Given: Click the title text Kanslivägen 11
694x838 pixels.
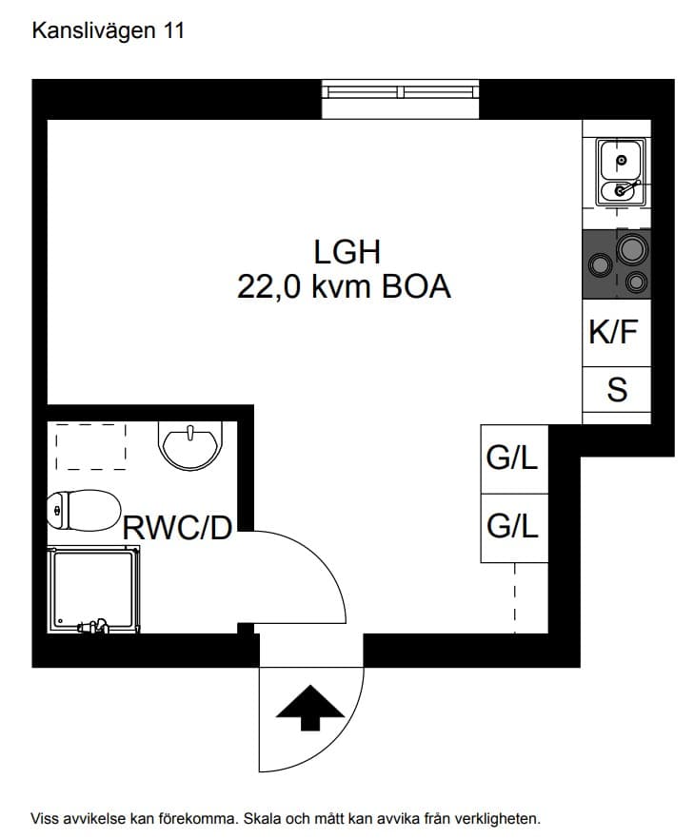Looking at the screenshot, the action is (x=109, y=31).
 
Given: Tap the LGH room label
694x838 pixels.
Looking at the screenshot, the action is (x=347, y=252).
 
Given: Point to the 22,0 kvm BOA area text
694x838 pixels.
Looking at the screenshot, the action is (x=344, y=287).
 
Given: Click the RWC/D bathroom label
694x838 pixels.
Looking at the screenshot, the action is (x=177, y=528).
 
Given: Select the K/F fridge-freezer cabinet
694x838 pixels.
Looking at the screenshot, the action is (x=617, y=333).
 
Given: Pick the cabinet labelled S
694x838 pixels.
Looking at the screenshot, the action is (x=617, y=390).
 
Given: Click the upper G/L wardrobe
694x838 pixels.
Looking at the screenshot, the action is (x=514, y=459).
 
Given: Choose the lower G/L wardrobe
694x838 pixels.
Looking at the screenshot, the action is (x=514, y=528).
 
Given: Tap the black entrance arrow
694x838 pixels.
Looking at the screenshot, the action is (x=309, y=707).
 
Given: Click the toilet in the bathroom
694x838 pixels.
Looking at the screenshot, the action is (x=84, y=511).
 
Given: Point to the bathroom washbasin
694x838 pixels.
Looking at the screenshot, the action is (x=190, y=445).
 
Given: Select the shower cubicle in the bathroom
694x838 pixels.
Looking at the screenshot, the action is (x=93, y=590).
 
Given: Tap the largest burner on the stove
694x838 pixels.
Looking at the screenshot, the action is (x=632, y=249).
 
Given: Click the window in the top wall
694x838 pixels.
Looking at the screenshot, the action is (x=400, y=99).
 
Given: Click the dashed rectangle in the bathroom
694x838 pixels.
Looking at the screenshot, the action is (x=91, y=447).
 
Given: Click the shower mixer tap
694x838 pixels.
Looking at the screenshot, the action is (x=93, y=626).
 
